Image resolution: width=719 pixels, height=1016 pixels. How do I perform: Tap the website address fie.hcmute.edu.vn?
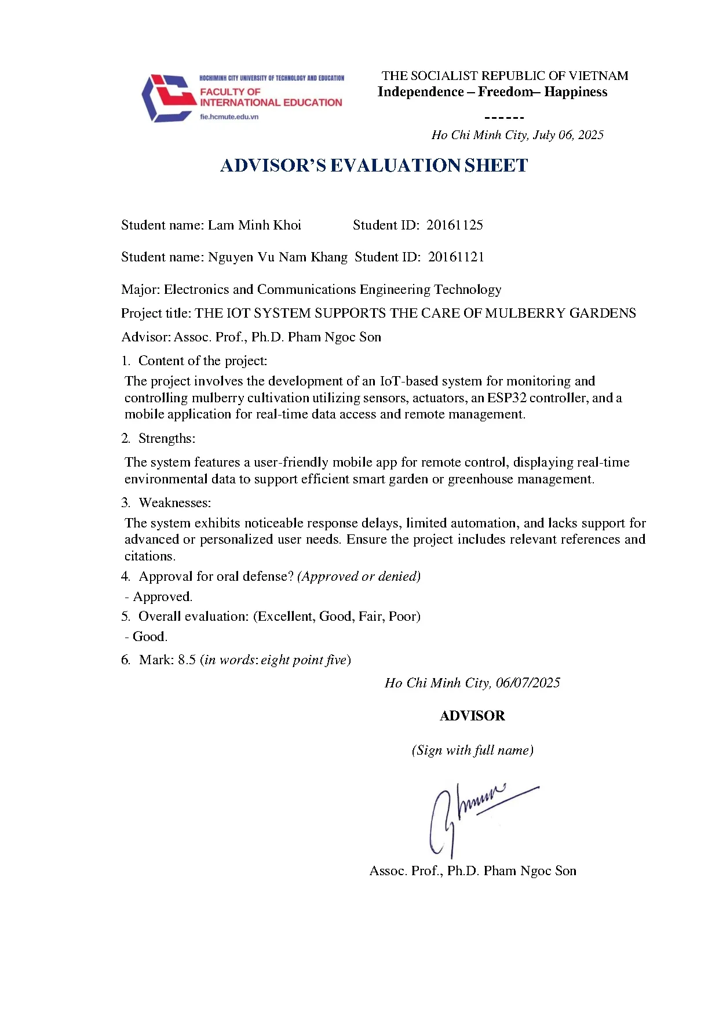coord(229,116)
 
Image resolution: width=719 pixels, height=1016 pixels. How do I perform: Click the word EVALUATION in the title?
coord(396,166)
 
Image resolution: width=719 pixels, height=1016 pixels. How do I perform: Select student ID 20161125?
coord(455,225)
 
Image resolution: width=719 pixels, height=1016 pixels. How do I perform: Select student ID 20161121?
coord(456,257)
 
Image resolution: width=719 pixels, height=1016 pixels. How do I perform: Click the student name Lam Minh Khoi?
coord(254,225)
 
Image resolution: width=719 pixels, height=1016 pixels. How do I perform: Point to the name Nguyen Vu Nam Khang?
coord(278,257)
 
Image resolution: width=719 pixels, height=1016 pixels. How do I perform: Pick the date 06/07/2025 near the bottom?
coord(528,683)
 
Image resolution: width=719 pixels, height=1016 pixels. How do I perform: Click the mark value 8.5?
coord(187,660)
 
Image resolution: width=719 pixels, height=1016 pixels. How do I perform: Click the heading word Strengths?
coord(166,438)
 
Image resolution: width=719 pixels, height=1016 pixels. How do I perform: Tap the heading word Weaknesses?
coord(174,502)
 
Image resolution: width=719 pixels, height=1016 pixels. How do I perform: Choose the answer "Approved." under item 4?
coord(163,596)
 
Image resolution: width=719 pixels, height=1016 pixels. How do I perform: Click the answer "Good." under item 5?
coord(150,636)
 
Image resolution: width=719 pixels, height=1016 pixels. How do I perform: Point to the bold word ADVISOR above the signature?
coord(472,716)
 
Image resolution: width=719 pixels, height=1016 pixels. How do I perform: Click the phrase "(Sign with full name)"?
coord(472,750)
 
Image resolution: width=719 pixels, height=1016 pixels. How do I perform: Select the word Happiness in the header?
coord(576,92)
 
